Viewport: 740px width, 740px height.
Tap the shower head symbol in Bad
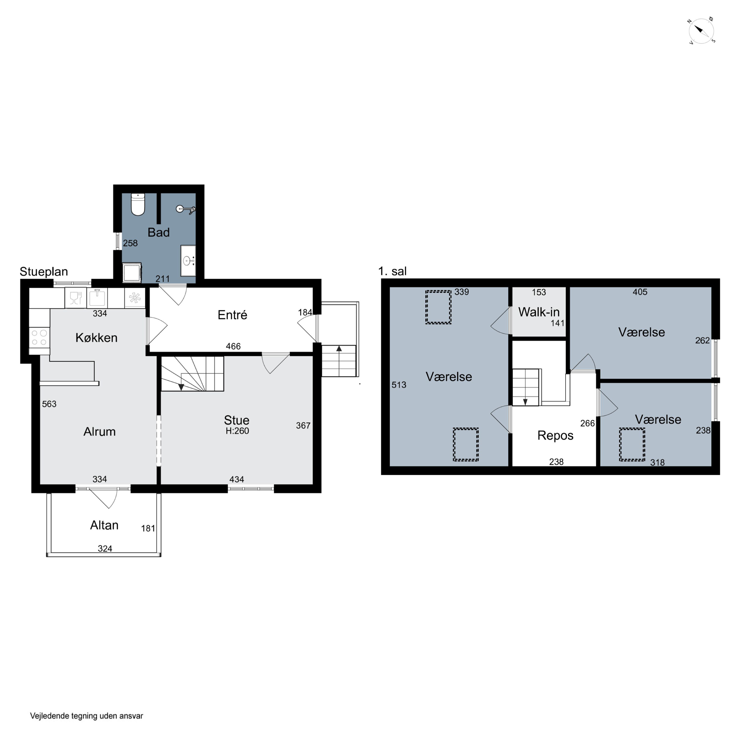click(186, 209)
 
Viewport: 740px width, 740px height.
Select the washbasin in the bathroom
click(188, 261)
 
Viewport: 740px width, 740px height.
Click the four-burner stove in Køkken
click(39, 337)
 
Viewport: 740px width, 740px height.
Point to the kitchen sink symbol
click(97, 298)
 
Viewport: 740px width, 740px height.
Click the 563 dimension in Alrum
click(49, 404)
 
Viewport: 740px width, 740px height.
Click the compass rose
click(701, 31)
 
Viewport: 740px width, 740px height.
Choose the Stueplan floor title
click(44, 272)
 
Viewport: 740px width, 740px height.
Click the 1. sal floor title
click(392, 271)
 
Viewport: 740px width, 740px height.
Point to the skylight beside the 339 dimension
click(438, 307)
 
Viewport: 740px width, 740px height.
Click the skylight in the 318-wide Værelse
click(632, 444)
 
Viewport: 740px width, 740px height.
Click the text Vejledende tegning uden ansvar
click(87, 716)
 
